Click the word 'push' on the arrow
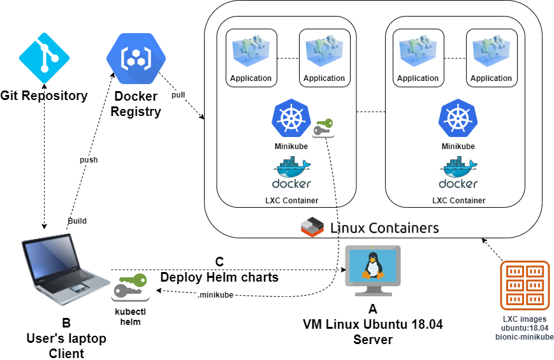click(89, 160)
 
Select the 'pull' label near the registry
click(179, 95)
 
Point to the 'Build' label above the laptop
click(77, 221)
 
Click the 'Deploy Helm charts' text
click(219, 277)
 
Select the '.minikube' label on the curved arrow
click(215, 295)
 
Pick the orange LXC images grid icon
click(525, 285)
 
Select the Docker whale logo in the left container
click(291, 174)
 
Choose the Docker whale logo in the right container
click(458, 174)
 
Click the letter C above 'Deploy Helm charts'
click(219, 262)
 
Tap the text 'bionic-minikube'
click(524, 337)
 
